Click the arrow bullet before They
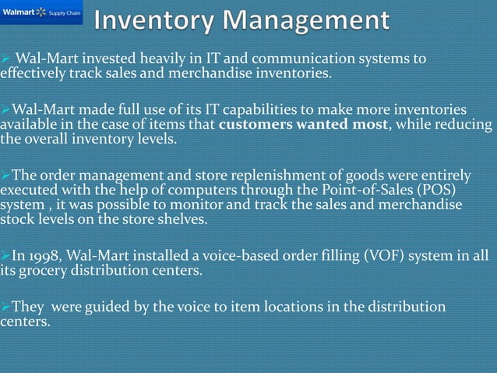tap(6, 307)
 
